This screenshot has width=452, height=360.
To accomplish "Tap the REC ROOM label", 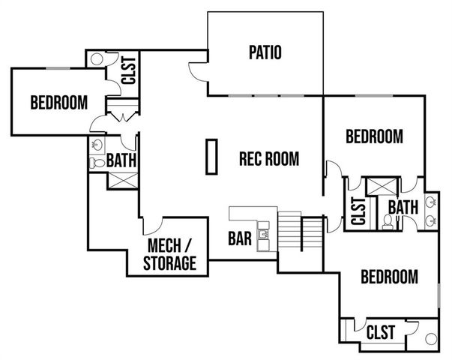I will pos(268,159).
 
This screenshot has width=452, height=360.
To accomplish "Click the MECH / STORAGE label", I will pos(172,255).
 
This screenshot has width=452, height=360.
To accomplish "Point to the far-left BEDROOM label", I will pos(58,103).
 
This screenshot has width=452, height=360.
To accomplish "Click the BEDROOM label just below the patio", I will pos(374,136).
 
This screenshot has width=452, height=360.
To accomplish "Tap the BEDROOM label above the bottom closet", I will pos(389,277).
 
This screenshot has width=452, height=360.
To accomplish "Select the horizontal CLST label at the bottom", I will pos(382,330).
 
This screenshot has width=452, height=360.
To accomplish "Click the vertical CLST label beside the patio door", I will pos(127,70).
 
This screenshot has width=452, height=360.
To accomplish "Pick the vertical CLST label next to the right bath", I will pos(358,210).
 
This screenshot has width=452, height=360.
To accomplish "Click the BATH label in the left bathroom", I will pos(120,160).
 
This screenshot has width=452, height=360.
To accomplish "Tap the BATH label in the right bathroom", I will pos(403,206).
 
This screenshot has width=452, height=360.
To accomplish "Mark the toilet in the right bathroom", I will pos(387,220).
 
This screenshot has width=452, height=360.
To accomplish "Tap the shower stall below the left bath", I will pos(121,180).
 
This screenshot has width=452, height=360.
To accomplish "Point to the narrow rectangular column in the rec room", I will pos(212,157).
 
